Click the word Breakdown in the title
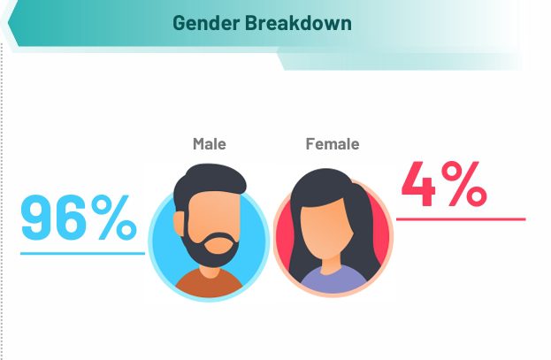[x=298, y=24]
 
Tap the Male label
[x=210, y=144]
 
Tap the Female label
[x=332, y=144]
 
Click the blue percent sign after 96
[x=116, y=218]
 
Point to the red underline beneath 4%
[x=460, y=218]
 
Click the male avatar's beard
[x=209, y=251]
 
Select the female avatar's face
[x=331, y=226]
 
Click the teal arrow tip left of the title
[x=11, y=27]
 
